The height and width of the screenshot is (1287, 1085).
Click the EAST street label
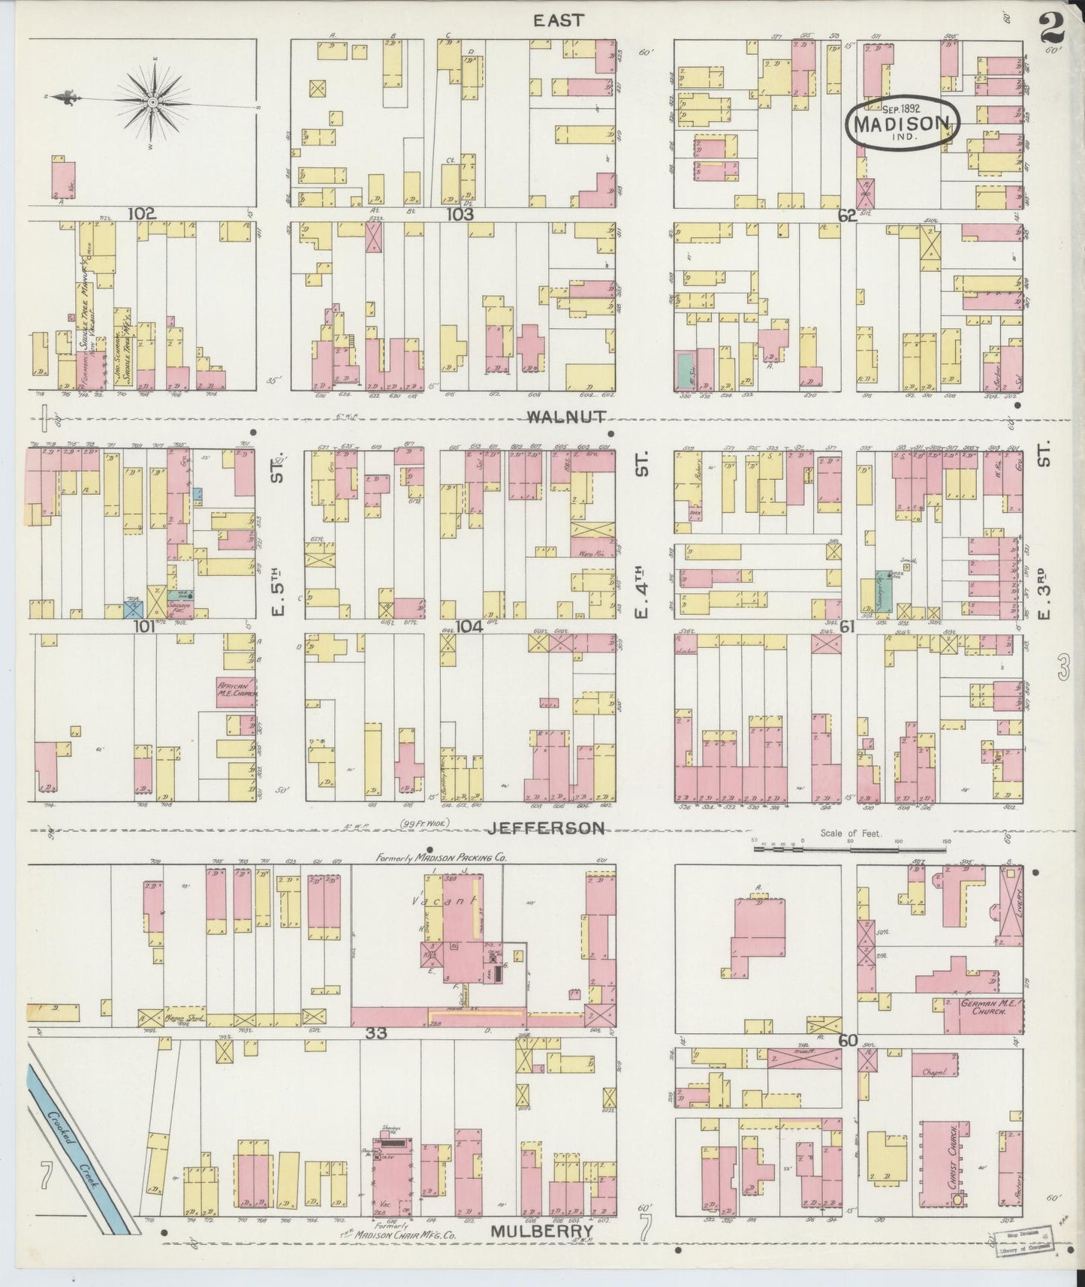click(x=558, y=20)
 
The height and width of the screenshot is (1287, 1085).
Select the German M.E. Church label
click(x=985, y=1008)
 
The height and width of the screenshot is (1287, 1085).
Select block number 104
click(x=469, y=627)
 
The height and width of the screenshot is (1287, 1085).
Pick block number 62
click(x=847, y=216)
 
